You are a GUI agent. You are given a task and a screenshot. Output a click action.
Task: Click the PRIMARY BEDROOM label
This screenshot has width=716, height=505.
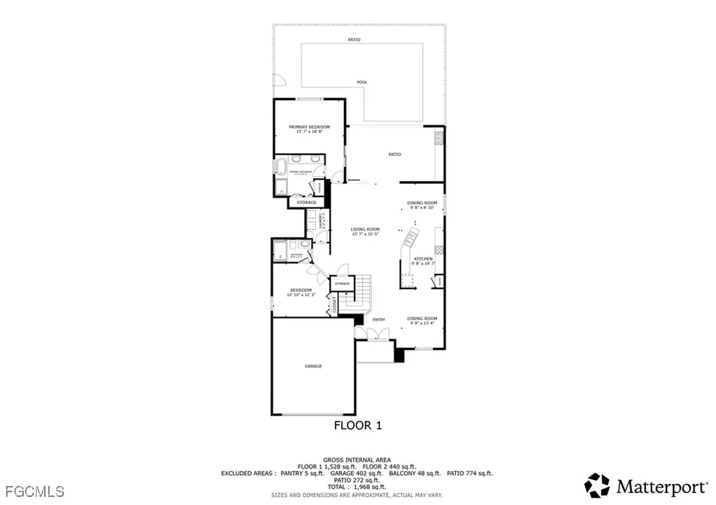click(309, 126)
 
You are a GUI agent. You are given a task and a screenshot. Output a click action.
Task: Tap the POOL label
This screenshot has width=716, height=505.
click(361, 82)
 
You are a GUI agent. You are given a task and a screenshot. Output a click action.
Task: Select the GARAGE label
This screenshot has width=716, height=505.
click(313, 366)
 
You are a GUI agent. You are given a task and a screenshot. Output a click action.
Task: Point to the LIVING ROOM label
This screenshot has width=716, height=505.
click(365, 230)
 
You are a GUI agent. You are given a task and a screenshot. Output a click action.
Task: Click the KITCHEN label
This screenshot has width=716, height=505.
click(423, 259)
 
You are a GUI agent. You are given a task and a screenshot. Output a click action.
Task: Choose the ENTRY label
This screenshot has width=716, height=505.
click(378, 320)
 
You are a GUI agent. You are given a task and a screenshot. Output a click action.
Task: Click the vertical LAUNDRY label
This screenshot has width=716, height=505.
click(321, 221)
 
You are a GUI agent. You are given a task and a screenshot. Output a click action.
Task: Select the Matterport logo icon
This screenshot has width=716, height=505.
click(597, 485)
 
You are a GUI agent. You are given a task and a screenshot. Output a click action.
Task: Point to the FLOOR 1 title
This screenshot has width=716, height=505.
click(357, 425)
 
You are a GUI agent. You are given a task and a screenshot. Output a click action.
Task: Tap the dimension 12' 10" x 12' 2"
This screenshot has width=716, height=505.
click(301, 295)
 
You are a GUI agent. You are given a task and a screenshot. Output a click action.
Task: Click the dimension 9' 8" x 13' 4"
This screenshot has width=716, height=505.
click(422, 323)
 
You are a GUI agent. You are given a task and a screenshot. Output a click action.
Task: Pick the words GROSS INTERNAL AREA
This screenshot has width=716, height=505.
click(357, 460)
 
